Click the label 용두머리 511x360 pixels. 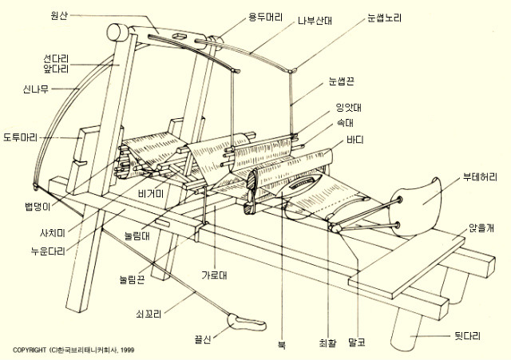[266, 17]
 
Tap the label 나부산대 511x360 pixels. [315, 21]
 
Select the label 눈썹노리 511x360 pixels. [385, 18]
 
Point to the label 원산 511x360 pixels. [59, 15]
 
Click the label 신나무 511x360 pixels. [35, 89]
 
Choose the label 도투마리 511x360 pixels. [20, 137]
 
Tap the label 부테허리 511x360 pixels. [480, 177]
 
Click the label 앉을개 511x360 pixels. [481, 228]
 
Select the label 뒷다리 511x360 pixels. [467, 336]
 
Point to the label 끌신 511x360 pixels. [202, 339]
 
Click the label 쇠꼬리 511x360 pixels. [149, 315]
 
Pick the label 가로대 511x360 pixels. [214, 275]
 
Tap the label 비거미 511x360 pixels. [151, 194]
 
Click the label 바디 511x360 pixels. [355, 140]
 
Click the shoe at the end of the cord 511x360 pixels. [247, 322]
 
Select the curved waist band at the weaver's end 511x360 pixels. [416, 207]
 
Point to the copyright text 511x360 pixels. [73, 350]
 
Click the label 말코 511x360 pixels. [357, 342]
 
